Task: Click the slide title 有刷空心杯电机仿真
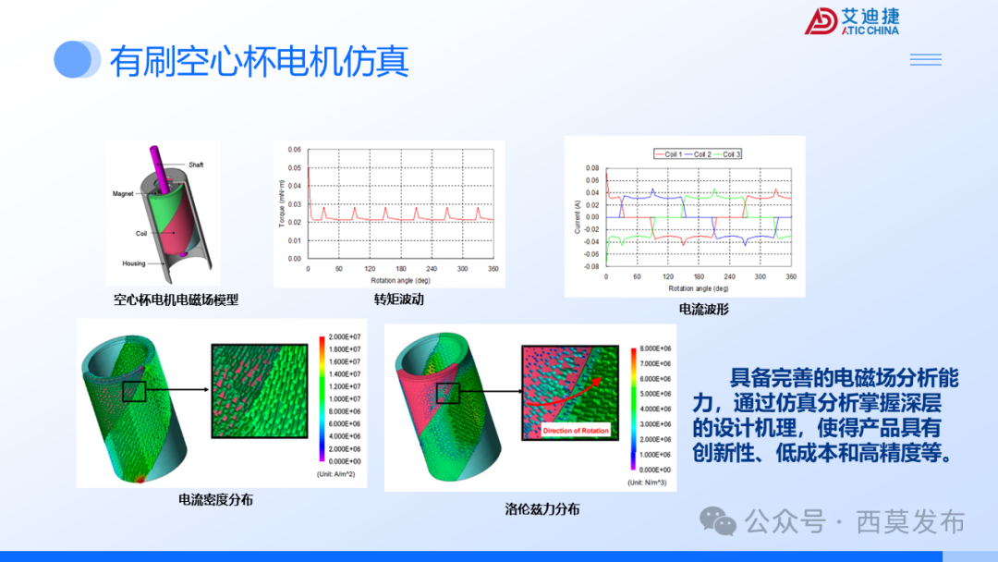[259, 62]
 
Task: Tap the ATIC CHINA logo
[851, 22]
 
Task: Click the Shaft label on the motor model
[196, 165]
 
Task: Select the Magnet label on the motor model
[124, 194]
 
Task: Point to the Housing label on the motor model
[134, 263]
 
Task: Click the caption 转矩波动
[398, 299]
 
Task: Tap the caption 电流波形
[703, 309]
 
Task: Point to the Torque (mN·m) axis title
[281, 202]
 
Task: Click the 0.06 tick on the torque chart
[294, 149]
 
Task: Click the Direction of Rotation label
[576, 431]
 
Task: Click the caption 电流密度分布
[215, 499]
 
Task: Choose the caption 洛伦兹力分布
[542, 508]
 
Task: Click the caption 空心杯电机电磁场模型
[176, 299]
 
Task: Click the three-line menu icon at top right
[925, 60]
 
